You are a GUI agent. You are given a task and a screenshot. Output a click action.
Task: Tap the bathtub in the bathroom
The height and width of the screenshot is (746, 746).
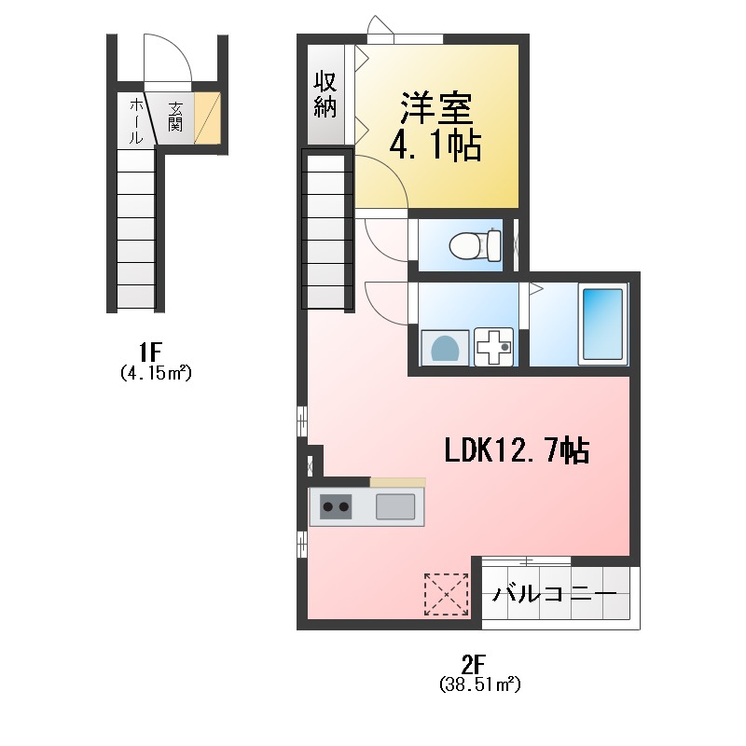click(x=602, y=324)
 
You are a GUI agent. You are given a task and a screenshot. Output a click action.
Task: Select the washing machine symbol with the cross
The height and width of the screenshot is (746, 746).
click(x=494, y=348)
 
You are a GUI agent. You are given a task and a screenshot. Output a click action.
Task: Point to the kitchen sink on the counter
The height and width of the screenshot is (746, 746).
click(x=395, y=506)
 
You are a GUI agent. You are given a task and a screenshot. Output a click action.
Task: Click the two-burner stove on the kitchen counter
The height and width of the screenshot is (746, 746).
click(x=336, y=506)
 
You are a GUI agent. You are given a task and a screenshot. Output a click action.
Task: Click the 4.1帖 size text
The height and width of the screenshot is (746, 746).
click(x=435, y=145)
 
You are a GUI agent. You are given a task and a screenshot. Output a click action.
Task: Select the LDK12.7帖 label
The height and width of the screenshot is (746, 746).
click(x=516, y=450)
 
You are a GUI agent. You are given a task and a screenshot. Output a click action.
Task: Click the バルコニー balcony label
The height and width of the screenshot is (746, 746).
click(x=555, y=593)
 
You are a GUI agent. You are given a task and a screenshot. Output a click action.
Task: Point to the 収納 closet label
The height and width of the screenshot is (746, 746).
click(x=325, y=93)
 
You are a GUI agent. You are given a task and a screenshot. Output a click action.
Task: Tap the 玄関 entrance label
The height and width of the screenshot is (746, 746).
click(x=175, y=117)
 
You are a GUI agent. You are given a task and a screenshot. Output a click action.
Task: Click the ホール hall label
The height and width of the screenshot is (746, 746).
click(x=134, y=119)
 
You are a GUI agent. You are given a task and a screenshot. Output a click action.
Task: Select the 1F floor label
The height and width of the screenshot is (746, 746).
click(x=151, y=352)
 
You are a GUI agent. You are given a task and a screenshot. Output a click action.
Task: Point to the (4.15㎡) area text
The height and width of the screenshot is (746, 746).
click(x=155, y=373)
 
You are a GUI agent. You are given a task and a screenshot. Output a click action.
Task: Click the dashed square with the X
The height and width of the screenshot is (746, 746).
click(x=446, y=594)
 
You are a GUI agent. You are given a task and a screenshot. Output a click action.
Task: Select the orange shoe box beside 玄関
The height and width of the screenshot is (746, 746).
click(x=208, y=118)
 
